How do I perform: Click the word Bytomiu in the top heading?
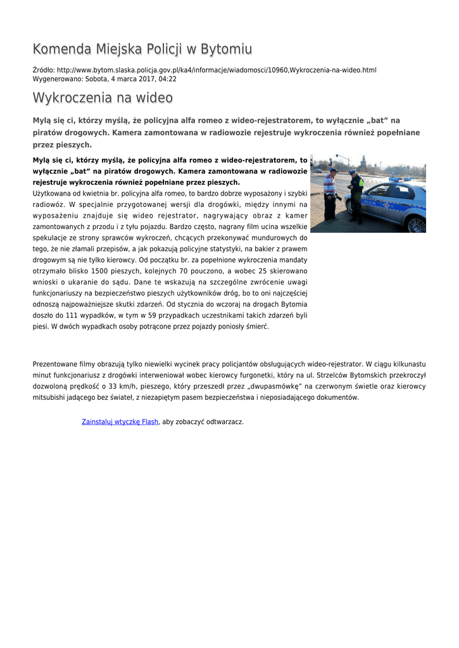(x=227, y=49)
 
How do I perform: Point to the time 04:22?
(x=168, y=79)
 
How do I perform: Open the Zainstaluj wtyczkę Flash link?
(x=120, y=421)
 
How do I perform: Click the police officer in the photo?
(x=356, y=196)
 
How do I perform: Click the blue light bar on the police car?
(x=398, y=179)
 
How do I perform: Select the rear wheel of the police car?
(x=417, y=223)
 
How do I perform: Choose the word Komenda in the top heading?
(x=62, y=49)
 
